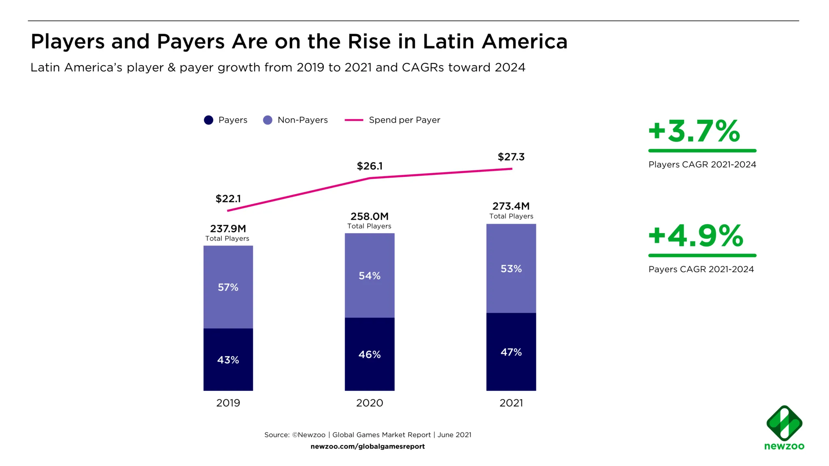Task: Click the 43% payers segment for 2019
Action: (228, 359)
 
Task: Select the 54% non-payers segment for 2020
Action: (369, 275)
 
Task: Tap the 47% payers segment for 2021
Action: (511, 352)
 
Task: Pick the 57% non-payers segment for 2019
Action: (228, 287)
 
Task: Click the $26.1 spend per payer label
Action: (369, 166)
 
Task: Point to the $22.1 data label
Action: (228, 199)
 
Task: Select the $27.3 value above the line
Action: (511, 157)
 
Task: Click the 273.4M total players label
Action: (511, 206)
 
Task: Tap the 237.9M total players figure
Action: (228, 229)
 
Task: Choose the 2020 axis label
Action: (369, 403)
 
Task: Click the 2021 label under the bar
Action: (511, 403)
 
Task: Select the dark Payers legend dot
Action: (208, 120)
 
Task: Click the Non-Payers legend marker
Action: (268, 120)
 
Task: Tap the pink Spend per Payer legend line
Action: (354, 120)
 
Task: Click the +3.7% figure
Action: (694, 131)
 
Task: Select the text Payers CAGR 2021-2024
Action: (701, 269)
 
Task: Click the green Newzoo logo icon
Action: (784, 423)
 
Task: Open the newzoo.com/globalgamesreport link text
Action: (368, 447)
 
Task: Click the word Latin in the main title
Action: (448, 41)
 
